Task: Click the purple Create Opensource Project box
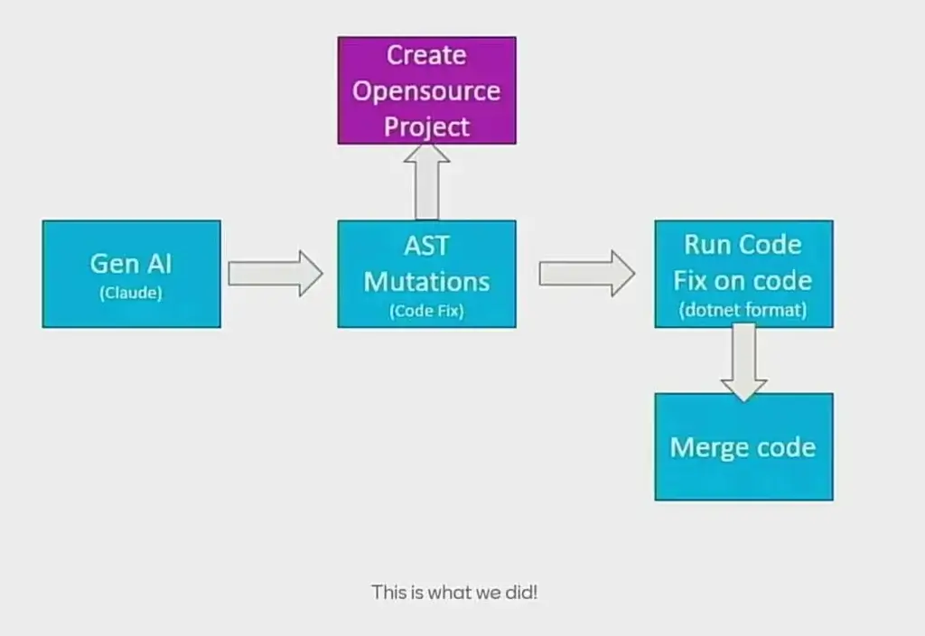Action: click(x=426, y=90)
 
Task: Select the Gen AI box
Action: click(x=132, y=274)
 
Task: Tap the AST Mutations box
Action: click(x=426, y=274)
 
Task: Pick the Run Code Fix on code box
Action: click(x=744, y=274)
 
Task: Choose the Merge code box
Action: click(x=744, y=446)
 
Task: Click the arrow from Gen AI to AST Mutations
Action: click(x=276, y=273)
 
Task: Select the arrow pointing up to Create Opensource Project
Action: click(x=426, y=182)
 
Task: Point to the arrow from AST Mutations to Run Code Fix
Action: click(x=587, y=273)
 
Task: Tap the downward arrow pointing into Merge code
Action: click(x=744, y=362)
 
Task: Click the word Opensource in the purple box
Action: click(x=426, y=91)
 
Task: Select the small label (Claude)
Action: click(x=131, y=293)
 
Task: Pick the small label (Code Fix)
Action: click(x=426, y=311)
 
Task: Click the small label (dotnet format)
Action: click(x=743, y=310)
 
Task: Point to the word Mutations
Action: click(x=426, y=282)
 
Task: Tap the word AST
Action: click(x=426, y=246)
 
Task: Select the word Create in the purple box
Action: click(x=426, y=55)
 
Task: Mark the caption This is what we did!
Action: click(x=454, y=593)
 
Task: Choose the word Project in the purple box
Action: click(x=426, y=126)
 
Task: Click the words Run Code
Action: click(x=743, y=244)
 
